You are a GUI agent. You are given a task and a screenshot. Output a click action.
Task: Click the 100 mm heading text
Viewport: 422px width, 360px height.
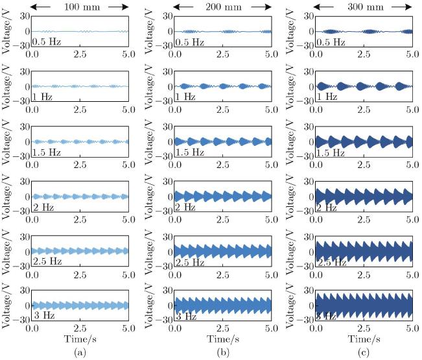click(79, 6)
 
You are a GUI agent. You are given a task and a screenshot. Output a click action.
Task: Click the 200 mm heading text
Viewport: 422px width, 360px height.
click(221, 6)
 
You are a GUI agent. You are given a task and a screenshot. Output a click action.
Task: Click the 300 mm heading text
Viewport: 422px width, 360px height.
click(364, 6)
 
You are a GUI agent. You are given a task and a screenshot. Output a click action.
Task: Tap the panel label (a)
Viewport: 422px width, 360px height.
click(80, 352)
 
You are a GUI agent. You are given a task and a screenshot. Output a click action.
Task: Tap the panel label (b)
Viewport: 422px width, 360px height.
click(222, 352)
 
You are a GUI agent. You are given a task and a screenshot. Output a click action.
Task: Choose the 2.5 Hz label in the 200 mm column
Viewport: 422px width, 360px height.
click(191, 262)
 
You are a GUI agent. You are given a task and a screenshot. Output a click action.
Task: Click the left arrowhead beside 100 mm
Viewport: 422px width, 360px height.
click(34, 6)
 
